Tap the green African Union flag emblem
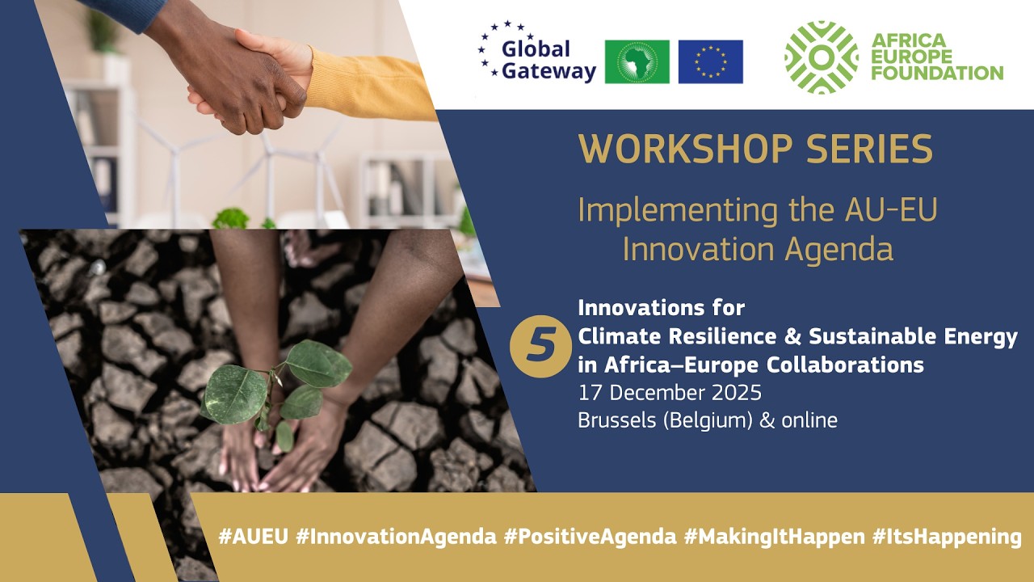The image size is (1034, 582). (637, 62)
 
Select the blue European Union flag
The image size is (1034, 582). (710, 62)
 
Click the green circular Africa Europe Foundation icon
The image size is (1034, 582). (821, 57)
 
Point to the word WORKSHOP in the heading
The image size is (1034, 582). (677, 150)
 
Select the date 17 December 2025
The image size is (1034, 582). (670, 394)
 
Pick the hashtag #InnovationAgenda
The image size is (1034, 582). (396, 538)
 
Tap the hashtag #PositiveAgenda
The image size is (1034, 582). (590, 538)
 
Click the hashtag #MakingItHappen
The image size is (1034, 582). (773, 538)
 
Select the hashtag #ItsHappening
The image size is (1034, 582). (947, 538)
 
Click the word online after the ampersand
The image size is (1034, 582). (809, 420)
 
